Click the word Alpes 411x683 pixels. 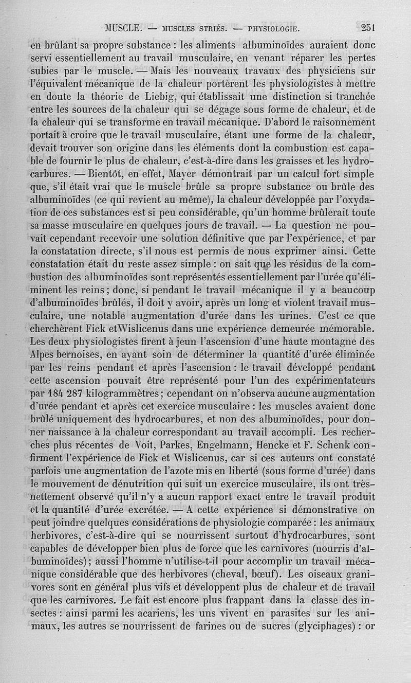point(46,354)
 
